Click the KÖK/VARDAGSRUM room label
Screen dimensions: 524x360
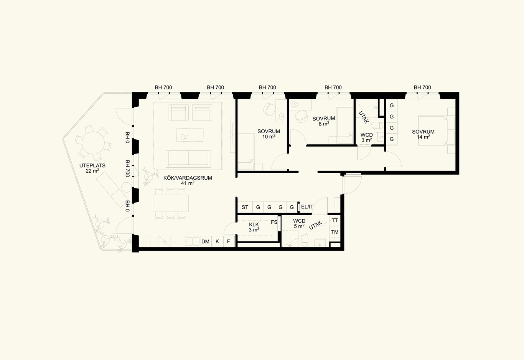coord(188,180)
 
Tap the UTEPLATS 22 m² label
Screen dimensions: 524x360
coord(92,168)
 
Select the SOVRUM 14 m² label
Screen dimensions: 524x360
coord(423,134)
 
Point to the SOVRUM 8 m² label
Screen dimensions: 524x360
coord(324,121)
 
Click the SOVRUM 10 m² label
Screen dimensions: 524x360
coord(269,134)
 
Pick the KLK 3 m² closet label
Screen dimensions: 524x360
coord(254,227)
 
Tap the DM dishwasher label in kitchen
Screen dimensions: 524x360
coord(205,241)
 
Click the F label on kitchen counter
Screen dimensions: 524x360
coord(229,241)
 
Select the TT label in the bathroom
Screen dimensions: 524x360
coord(335,221)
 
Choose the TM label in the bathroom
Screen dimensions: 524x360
coord(335,232)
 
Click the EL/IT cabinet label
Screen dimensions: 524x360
coord(307,207)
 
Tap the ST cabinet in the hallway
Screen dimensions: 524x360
coord(245,207)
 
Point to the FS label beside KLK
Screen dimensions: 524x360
coord(274,222)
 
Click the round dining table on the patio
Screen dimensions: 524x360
coord(93,143)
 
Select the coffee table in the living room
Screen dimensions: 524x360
coord(190,135)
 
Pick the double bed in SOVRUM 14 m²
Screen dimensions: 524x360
coord(433,130)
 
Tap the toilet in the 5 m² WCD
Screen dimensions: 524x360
coord(304,240)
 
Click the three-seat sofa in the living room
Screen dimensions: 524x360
coord(188,159)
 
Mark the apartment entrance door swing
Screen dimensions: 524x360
coord(352,184)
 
